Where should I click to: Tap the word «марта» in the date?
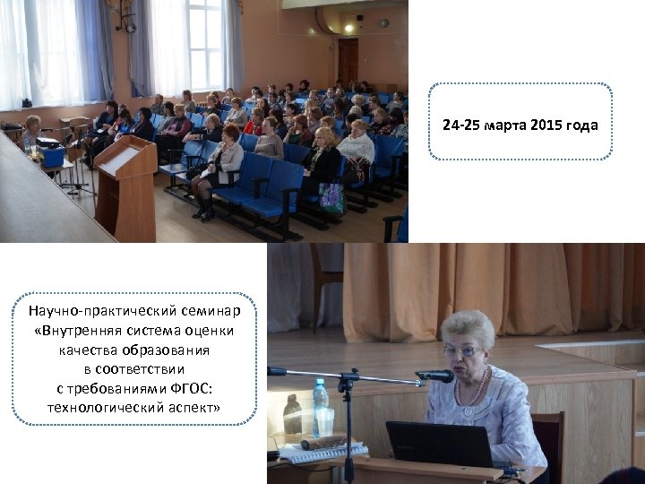click(x=505, y=125)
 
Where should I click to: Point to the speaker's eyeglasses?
click(x=463, y=351)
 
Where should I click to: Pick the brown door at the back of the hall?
click(x=348, y=61)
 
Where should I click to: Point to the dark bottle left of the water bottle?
click(x=293, y=414)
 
